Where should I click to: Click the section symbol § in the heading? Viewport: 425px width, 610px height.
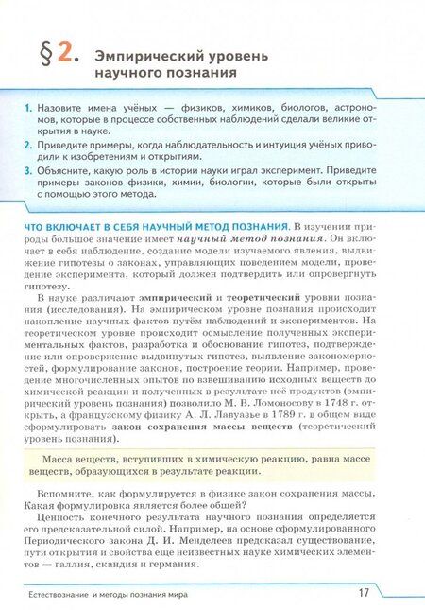click(43, 53)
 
